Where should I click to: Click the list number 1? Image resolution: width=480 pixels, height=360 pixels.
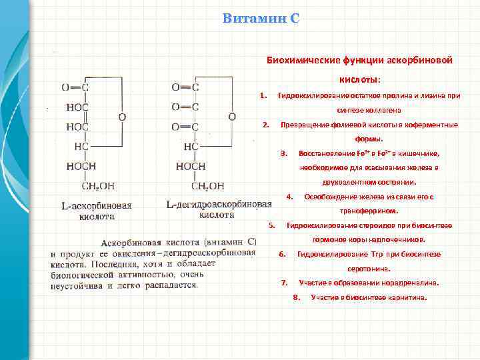click(x=264, y=94)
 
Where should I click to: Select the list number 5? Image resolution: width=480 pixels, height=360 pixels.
click(x=271, y=225)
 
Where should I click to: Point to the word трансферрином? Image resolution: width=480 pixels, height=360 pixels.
click(x=369, y=211)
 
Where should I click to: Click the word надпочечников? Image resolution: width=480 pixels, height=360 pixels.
click(x=398, y=239)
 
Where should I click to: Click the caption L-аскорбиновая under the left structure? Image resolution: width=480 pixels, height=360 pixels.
click(x=97, y=205)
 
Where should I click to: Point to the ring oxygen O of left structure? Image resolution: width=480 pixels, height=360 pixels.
click(x=121, y=117)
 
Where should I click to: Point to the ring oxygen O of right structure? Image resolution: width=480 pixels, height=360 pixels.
click(x=231, y=117)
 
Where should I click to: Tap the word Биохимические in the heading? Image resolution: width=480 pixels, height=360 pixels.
click(x=301, y=60)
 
